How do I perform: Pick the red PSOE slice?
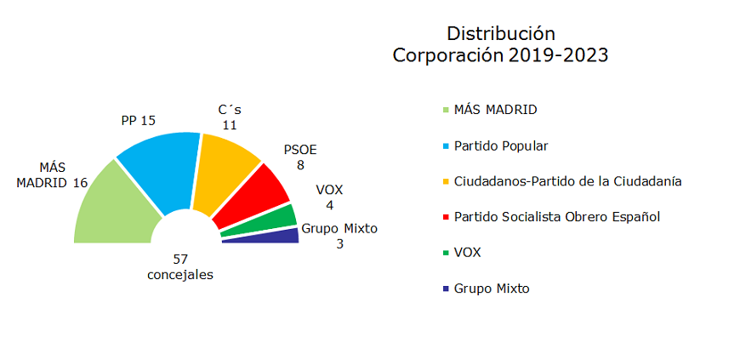pos(260,196)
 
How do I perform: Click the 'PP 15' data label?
pos(138,121)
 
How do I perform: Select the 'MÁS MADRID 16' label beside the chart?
pos(53,174)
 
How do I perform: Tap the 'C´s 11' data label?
pos(230,117)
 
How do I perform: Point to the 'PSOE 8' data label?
pos(299,157)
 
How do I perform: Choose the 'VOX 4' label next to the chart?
pos(329,197)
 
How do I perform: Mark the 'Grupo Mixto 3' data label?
pos(339,236)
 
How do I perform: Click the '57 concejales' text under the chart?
pos(180,266)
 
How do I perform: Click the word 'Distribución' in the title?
pos(501,34)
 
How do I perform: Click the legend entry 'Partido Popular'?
pos(500,146)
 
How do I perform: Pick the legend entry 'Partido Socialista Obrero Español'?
pos(557,216)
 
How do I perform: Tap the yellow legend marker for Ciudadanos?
pos(446,182)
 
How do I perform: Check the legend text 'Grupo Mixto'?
pos(492,288)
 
